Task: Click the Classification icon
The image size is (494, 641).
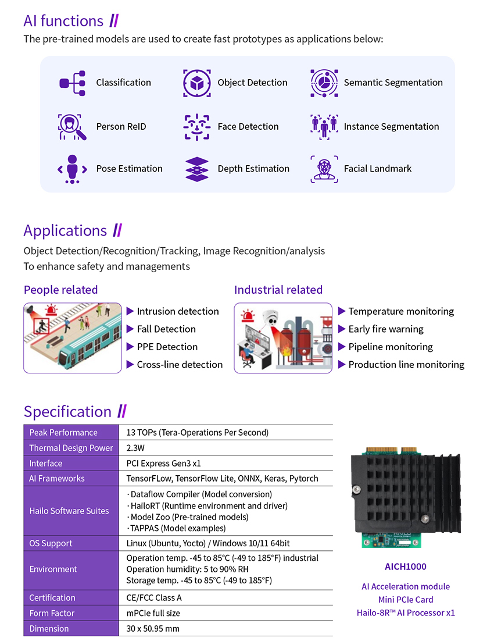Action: point(73,83)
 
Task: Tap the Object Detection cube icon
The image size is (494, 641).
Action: point(197,83)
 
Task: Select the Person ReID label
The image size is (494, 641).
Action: point(121,127)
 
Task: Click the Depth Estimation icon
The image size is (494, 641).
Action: point(197,169)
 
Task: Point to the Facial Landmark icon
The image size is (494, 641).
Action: point(324,169)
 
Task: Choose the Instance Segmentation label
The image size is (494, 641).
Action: point(391,127)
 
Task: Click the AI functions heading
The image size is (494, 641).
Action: point(63,21)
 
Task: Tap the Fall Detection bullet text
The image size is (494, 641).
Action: point(166,329)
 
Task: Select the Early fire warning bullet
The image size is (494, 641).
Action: point(386,329)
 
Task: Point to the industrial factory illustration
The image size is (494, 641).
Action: point(283,337)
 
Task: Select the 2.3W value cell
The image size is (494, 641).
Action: point(135,448)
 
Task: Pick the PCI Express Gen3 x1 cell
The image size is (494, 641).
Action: point(163,464)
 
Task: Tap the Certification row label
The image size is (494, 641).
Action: point(52,598)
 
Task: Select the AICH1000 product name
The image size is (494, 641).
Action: point(405,567)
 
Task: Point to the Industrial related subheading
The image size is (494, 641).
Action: point(278,290)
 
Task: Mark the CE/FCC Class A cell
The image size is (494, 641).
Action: point(154,598)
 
